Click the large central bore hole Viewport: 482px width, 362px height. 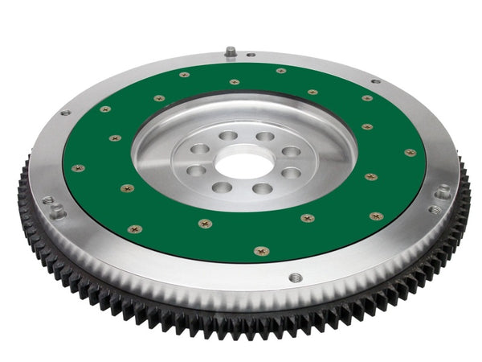[x=243, y=164]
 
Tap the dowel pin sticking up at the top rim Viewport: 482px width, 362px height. [x=231, y=51]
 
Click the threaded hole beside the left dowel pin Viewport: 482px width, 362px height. [x=47, y=199]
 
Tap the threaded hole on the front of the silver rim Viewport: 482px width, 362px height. [x=296, y=278]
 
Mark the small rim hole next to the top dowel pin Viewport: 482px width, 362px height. [x=250, y=56]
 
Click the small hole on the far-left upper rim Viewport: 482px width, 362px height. [x=66, y=113]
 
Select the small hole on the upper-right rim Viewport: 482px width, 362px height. [x=374, y=80]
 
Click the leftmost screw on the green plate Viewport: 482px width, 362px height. [x=78, y=168]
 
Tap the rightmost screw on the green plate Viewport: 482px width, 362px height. [x=411, y=152]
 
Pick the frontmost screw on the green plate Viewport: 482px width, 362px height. [x=261, y=250]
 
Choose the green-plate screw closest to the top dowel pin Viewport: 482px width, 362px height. [x=235, y=81]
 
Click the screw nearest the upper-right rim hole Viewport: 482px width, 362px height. [x=367, y=98]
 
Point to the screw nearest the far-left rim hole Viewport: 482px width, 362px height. [x=105, y=109]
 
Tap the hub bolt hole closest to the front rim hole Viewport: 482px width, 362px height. [x=263, y=189]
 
